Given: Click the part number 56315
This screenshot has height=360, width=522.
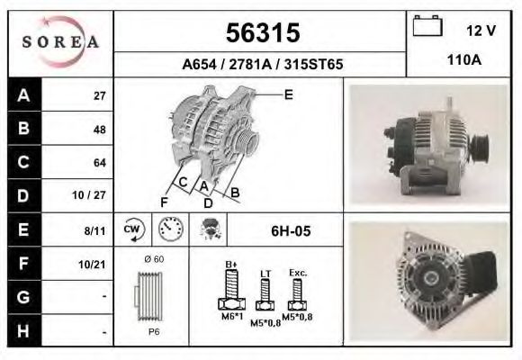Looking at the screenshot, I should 261,33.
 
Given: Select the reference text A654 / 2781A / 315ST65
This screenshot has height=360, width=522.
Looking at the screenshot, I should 261,65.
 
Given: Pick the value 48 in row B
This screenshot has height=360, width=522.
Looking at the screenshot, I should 99,130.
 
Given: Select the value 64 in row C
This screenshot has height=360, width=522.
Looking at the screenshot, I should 99,163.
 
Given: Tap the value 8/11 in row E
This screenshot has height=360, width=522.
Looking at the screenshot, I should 94,231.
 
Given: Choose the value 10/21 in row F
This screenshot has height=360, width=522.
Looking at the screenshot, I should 94,264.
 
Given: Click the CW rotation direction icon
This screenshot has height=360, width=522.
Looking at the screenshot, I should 133,230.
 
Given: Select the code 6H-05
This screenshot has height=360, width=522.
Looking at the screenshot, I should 290,231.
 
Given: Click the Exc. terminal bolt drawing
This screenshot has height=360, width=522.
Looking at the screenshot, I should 296,292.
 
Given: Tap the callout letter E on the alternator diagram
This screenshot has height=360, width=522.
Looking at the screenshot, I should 288,94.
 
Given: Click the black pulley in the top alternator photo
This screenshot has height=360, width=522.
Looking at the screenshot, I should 480,145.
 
